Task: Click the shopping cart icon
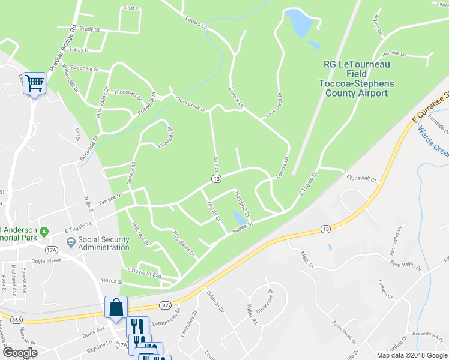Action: [x=34, y=83]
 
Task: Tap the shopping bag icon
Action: [x=116, y=307]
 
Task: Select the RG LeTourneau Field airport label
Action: [x=357, y=79]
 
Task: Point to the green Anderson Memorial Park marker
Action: [x=44, y=231]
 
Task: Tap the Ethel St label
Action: [x=130, y=9]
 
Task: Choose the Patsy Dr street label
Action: [x=80, y=50]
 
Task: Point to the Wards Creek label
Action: [x=433, y=141]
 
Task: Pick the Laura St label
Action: [x=215, y=161]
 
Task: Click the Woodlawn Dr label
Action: [x=184, y=243]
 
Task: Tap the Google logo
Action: [x=19, y=353]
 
